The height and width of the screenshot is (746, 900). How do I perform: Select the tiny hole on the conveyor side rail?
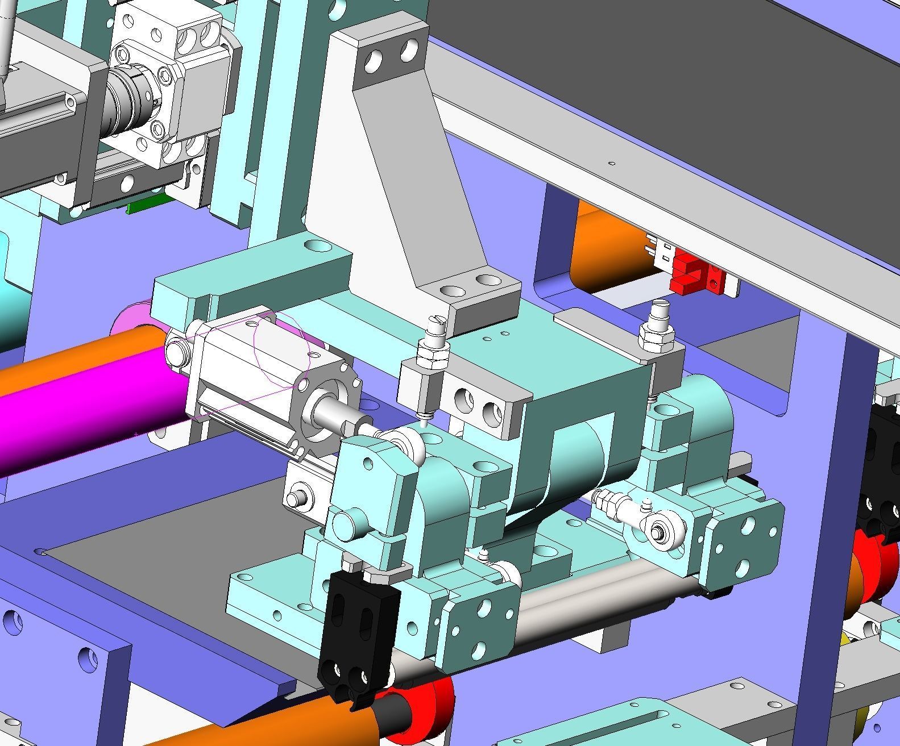pos(612,164)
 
